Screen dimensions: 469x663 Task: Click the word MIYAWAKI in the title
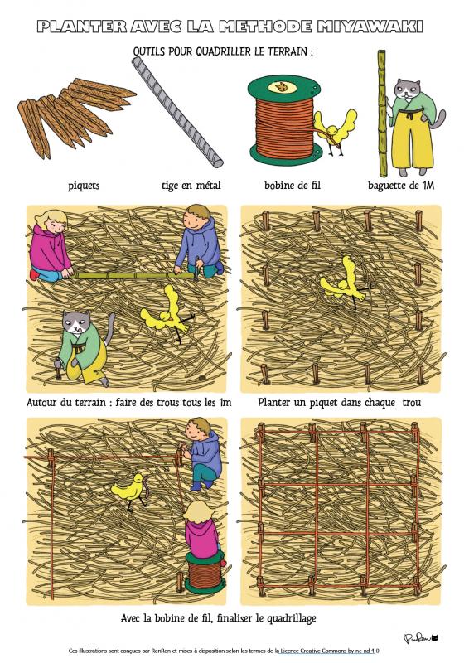point(370,27)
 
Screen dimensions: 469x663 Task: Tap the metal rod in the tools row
point(177,112)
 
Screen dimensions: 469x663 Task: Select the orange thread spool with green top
point(284,120)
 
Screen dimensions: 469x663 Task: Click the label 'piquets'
point(84,186)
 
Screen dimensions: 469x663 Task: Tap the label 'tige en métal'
point(191,185)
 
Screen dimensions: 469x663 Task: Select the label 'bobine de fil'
point(293,185)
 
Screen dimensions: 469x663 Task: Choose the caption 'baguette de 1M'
point(401,185)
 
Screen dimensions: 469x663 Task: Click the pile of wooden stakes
point(76,115)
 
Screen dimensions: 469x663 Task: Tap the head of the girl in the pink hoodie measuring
point(51,220)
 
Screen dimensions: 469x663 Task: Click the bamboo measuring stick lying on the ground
point(133,276)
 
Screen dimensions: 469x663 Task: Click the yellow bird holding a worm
point(131,491)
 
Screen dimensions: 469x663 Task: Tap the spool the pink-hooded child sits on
point(205,571)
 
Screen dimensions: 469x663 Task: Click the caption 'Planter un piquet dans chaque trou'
point(339,402)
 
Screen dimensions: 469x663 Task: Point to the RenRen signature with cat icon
point(420,637)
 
